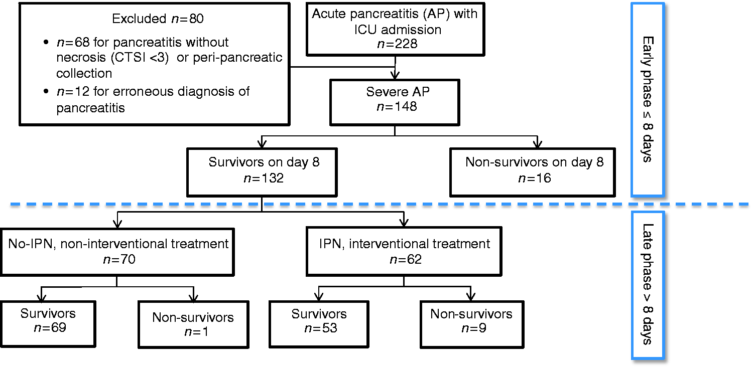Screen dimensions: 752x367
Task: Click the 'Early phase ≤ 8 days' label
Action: click(648, 99)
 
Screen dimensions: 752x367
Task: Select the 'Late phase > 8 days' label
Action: click(648, 284)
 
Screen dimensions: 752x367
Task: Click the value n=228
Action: click(397, 44)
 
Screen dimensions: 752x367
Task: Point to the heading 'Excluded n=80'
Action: click(158, 19)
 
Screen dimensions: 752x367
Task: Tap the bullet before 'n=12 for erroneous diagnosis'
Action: click(46, 91)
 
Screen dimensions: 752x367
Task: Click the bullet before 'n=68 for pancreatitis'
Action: click(46, 42)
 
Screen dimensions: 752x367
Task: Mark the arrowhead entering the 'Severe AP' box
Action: click(395, 75)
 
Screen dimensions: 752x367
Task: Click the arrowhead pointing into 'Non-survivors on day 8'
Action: click(538, 143)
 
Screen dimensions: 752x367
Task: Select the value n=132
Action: click(264, 178)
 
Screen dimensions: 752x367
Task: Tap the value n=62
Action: click(406, 259)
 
